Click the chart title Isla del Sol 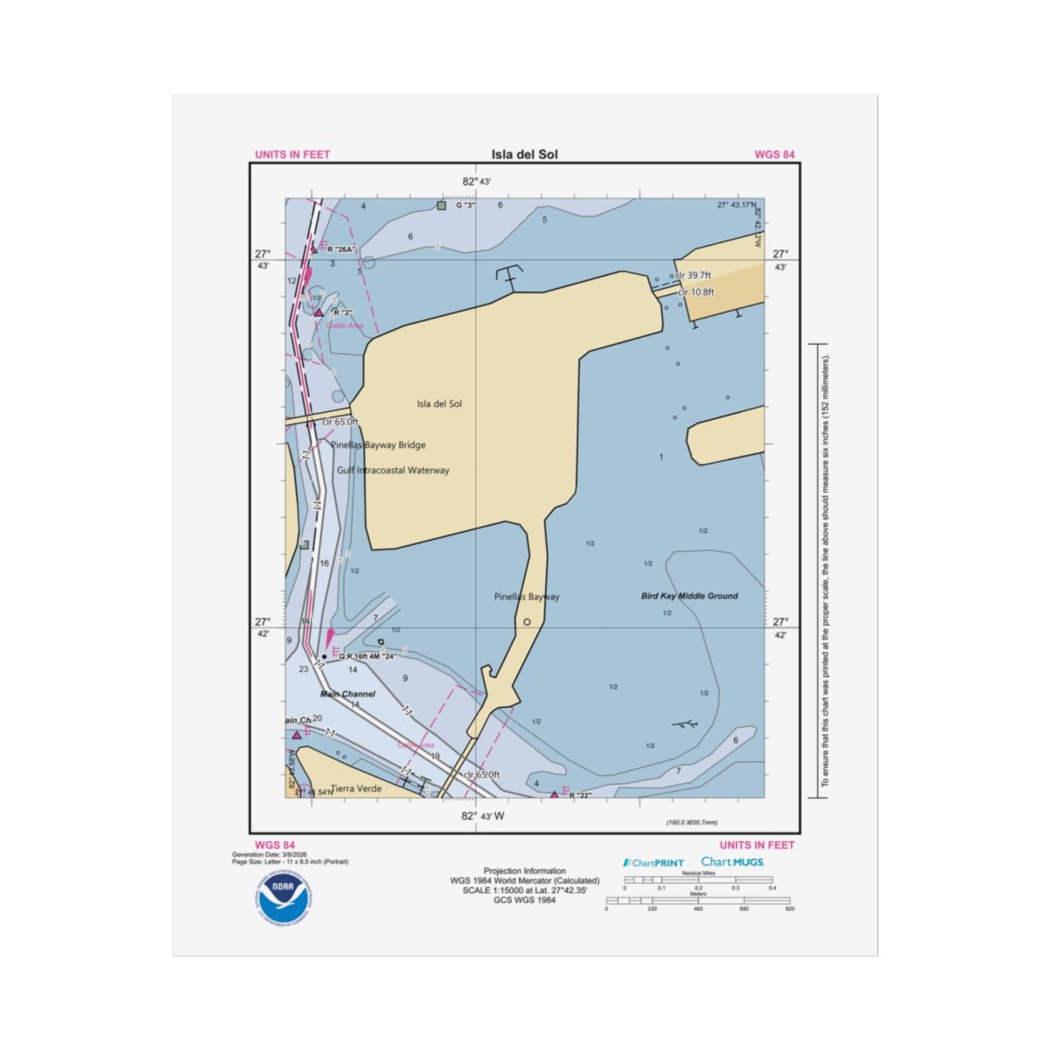[524, 155]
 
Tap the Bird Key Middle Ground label [689, 596]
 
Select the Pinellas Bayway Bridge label [378, 444]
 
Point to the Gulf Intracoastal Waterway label [393, 470]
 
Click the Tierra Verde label [356, 788]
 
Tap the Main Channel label [347, 694]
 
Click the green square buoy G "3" [441, 206]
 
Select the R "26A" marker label [343, 249]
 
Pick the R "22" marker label [580, 795]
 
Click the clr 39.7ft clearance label [694, 275]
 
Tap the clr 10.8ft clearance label [696, 292]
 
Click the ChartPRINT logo [654, 863]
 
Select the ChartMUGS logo [732, 862]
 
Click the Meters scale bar [697, 900]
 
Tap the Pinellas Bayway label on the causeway [526, 597]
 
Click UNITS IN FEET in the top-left [292, 155]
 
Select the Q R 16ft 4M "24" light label [374, 656]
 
